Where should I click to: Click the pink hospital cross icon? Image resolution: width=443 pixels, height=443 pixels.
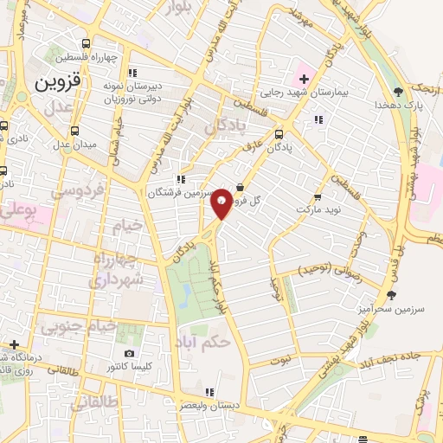(305, 79)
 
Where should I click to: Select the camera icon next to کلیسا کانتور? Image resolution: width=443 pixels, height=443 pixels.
(130, 353)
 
